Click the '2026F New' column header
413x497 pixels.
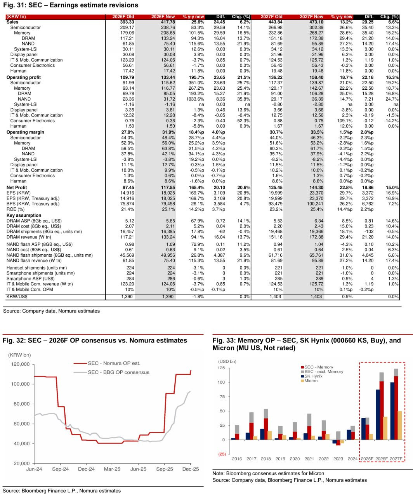click(163, 17)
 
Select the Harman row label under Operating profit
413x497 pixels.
click(18, 126)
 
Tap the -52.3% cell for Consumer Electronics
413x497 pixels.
click(241, 121)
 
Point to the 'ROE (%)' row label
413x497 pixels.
click(15, 209)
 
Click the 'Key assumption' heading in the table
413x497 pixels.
click(24, 215)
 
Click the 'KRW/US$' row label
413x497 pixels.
click(17, 297)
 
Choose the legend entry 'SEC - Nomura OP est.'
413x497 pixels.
click(114, 363)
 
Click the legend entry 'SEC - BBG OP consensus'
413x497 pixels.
click(118, 372)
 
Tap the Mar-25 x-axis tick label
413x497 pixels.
click(112, 469)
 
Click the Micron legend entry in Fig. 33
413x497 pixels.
click(311, 381)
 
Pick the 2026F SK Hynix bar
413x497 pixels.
click(378, 414)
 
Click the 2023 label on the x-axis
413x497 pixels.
click(338, 459)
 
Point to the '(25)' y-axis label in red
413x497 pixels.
click(222, 454)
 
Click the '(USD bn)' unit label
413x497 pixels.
click(227, 361)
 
